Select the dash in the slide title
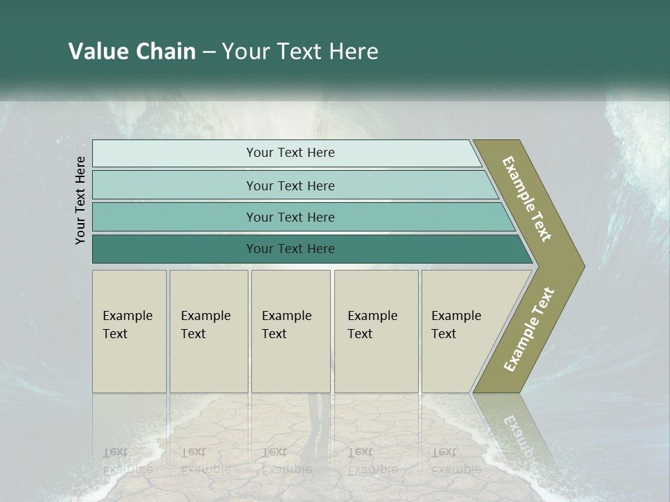[209, 52]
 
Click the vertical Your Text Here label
[80, 200]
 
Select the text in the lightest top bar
[290, 153]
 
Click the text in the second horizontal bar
[290, 185]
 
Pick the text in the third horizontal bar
[290, 217]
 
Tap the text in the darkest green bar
[290, 249]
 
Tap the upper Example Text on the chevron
[527, 199]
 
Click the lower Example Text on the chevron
[529, 329]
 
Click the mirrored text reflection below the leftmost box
[127, 461]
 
